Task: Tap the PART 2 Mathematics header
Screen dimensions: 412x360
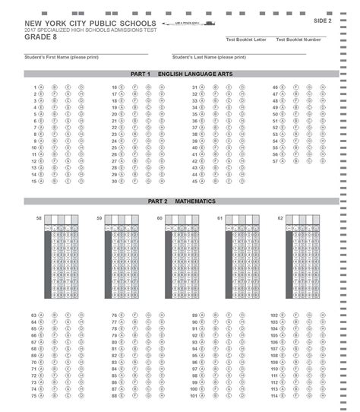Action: point(181,201)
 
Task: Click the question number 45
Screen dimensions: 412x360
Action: point(194,182)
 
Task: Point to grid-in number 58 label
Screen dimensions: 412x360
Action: point(39,218)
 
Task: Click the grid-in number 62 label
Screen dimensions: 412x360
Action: point(280,218)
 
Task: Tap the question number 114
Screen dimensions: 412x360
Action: point(275,395)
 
